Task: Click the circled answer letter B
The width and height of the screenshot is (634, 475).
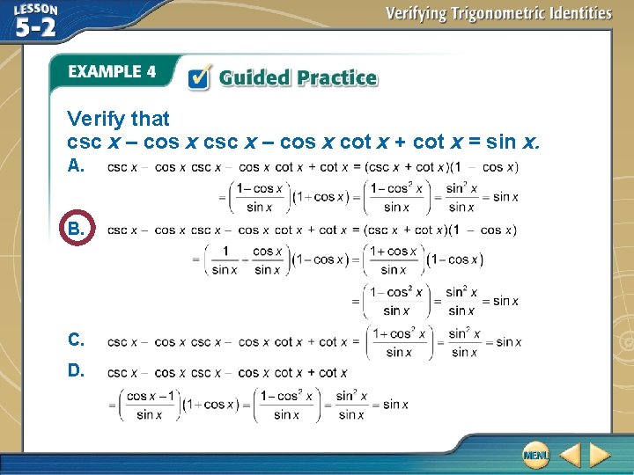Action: coord(77,230)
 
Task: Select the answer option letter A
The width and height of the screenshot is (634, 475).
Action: coord(77,165)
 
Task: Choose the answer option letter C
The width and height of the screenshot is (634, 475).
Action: coord(77,340)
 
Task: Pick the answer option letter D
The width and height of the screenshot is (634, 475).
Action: coord(77,370)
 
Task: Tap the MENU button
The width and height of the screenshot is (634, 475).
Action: coord(534,455)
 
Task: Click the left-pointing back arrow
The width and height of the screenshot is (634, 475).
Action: coord(570,456)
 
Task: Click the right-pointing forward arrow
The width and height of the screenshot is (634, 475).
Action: coord(600,456)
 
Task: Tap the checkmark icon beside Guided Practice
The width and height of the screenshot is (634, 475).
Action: coord(199,77)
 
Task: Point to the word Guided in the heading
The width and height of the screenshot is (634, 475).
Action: coord(254,77)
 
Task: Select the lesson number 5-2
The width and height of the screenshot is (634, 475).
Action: coord(36,27)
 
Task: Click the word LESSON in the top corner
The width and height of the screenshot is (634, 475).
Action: coord(36,9)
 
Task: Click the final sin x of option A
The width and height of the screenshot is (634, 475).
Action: coord(505,196)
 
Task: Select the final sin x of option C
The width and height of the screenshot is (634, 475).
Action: coord(509,342)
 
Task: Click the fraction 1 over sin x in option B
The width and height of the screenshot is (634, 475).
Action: coord(225,260)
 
